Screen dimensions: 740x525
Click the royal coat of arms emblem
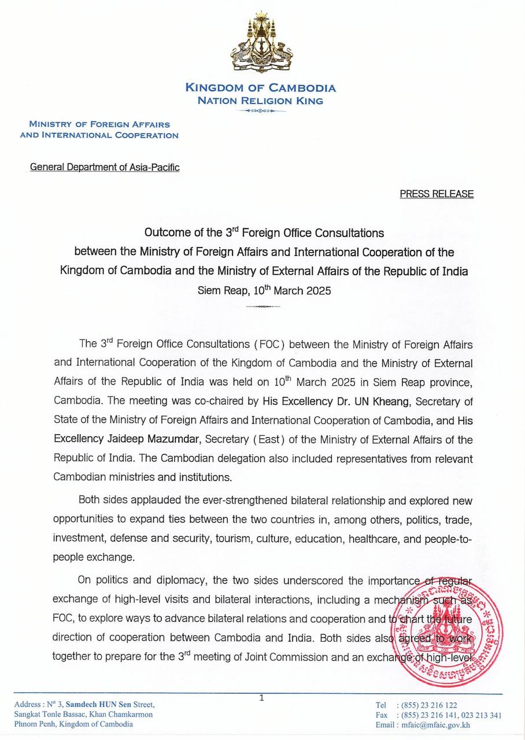pos(262,43)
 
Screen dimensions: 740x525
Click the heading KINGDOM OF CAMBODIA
pos(260,88)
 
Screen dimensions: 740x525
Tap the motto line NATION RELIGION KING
pos(260,101)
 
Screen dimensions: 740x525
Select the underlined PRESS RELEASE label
pos(437,194)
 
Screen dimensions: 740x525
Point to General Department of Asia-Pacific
pos(105,168)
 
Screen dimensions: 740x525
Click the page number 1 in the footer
pos(262,698)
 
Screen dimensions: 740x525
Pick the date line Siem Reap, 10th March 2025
pos(264,291)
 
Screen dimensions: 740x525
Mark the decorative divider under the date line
pos(263,306)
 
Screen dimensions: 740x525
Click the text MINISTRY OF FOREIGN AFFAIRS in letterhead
pos(99,125)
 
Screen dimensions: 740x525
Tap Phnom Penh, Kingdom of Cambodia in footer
pos(73,724)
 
